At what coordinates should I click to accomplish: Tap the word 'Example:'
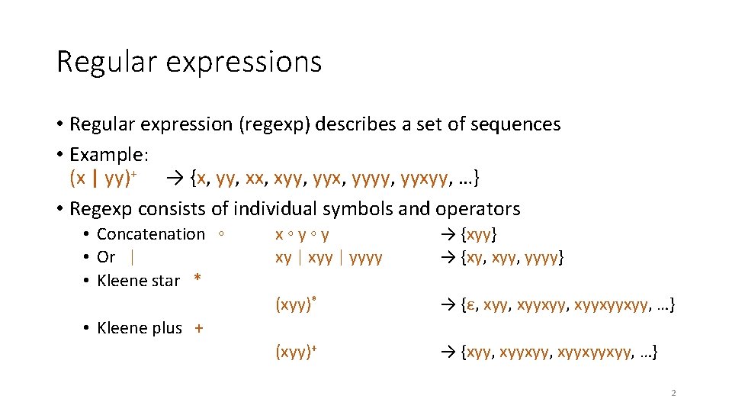pyautogui.click(x=109, y=154)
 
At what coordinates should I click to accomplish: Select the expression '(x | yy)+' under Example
pyautogui.click(x=103, y=179)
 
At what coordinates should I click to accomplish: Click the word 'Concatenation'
pyautogui.click(x=151, y=234)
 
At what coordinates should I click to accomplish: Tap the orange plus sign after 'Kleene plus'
pyautogui.click(x=199, y=328)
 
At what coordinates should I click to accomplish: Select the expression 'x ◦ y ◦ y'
pyautogui.click(x=302, y=235)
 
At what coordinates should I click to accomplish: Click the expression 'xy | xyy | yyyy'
pyautogui.click(x=329, y=258)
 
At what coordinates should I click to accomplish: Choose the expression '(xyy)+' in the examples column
pyautogui.click(x=296, y=352)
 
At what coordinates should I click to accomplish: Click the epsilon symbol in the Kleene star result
pyautogui.click(x=471, y=307)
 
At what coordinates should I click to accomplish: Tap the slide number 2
pyautogui.click(x=673, y=394)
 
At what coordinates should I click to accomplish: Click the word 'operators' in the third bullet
pyautogui.click(x=478, y=208)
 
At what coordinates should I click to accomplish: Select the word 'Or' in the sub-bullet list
pyautogui.click(x=106, y=258)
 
